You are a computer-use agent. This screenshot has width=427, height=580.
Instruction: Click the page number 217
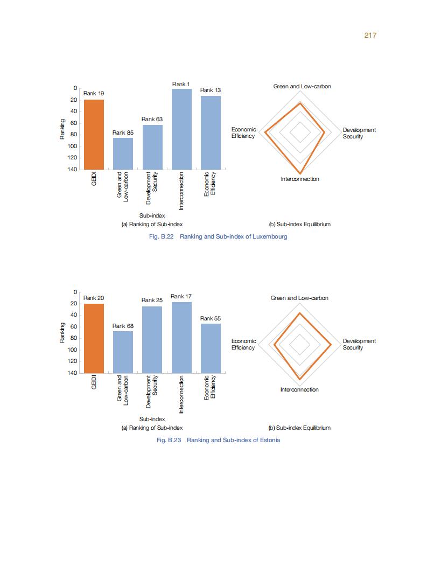point(369,35)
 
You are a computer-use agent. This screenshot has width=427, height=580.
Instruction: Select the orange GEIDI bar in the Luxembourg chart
point(94,134)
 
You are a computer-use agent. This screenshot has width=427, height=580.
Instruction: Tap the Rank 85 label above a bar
point(123,132)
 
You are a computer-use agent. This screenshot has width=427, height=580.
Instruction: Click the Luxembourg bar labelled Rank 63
point(152,147)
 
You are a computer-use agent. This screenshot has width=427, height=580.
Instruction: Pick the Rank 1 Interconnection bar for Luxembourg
point(181,129)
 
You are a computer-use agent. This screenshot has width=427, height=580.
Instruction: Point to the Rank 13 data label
point(211,90)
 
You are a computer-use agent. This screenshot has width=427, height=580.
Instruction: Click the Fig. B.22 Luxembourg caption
point(218,236)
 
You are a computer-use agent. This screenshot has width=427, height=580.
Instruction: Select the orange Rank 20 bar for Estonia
point(94,338)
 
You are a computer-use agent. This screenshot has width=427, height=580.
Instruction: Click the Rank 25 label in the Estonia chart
point(152,300)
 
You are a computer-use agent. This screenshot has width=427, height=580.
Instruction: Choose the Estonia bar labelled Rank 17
point(181,337)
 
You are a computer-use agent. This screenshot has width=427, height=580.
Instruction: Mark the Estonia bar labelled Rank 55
point(211,348)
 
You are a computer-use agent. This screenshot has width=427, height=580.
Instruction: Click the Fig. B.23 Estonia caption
point(218,440)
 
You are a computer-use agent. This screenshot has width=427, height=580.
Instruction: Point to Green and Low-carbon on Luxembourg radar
point(302,87)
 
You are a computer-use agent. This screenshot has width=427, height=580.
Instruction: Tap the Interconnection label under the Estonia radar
point(299,389)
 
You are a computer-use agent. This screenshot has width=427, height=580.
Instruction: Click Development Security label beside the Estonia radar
point(359,344)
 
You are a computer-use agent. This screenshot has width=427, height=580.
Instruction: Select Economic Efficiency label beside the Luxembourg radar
point(243,133)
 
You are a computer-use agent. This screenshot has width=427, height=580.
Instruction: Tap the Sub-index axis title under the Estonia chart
point(152,419)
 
